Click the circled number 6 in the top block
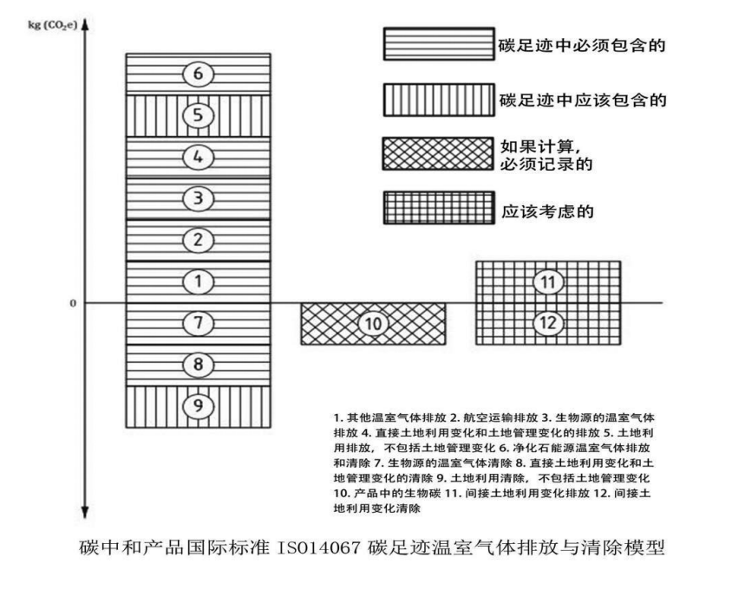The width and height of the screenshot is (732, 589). pyautogui.click(x=199, y=74)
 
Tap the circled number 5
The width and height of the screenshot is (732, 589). pyautogui.click(x=199, y=115)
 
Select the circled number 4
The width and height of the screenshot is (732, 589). pyautogui.click(x=199, y=157)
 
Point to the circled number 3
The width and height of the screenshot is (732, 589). pyautogui.click(x=199, y=198)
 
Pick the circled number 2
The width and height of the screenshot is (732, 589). pyautogui.click(x=199, y=240)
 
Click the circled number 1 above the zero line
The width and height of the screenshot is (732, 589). pyautogui.click(x=199, y=282)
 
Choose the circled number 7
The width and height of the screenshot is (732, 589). pyautogui.click(x=199, y=323)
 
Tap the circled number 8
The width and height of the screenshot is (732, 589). pyautogui.click(x=199, y=364)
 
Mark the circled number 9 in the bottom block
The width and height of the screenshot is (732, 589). pyautogui.click(x=199, y=405)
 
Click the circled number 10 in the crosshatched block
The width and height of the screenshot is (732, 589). pyautogui.click(x=374, y=324)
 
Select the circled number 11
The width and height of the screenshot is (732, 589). pyautogui.click(x=548, y=282)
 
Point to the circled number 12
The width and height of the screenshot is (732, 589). pyautogui.click(x=548, y=323)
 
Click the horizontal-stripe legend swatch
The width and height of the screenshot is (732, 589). pyautogui.click(x=439, y=44)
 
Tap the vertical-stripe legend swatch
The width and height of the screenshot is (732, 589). pyautogui.click(x=439, y=100)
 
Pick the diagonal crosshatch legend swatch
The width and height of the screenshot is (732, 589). pyautogui.click(x=438, y=153)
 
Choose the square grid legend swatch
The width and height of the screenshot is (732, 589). pyautogui.click(x=439, y=208)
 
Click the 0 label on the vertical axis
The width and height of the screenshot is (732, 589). pyautogui.click(x=73, y=303)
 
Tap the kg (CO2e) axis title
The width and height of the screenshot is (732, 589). pyautogui.click(x=53, y=25)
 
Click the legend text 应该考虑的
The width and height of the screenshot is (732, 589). pyautogui.click(x=547, y=211)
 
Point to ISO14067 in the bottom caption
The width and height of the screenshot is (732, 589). pyautogui.click(x=319, y=547)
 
